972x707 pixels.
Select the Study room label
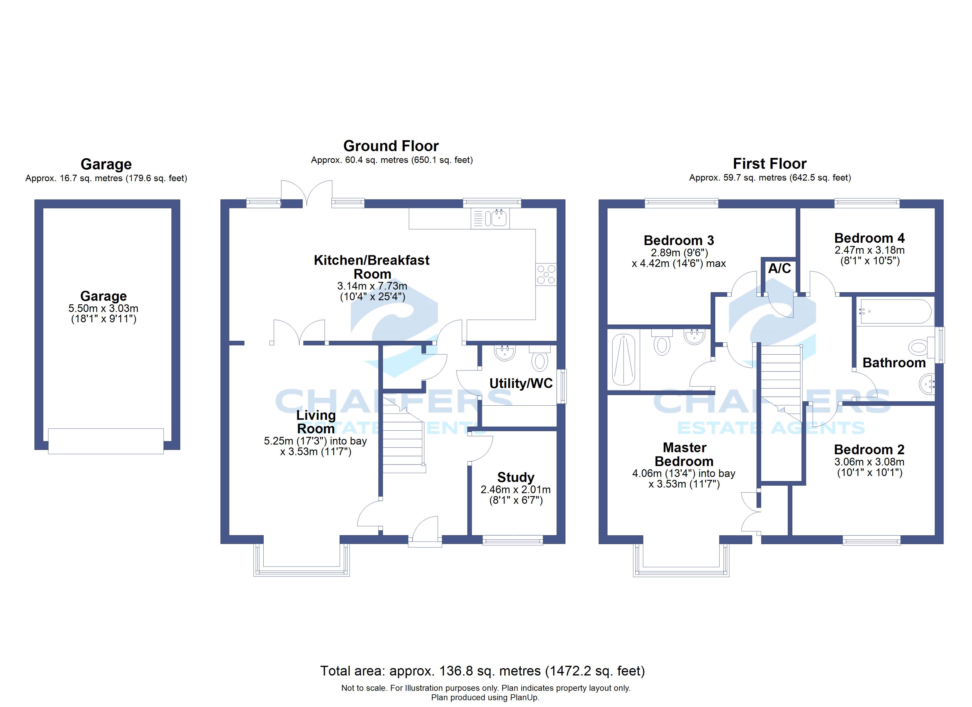515,477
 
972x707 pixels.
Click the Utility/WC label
521,383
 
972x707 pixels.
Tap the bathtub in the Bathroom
896,311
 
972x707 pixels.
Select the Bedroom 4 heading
869,238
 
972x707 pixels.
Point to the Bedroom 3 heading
679,240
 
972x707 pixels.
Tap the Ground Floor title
391,146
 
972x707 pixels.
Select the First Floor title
769,164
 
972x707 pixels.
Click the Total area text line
482,671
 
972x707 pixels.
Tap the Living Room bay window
302,571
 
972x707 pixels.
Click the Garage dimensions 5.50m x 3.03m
103,308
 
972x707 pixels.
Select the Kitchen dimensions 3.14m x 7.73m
372,286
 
